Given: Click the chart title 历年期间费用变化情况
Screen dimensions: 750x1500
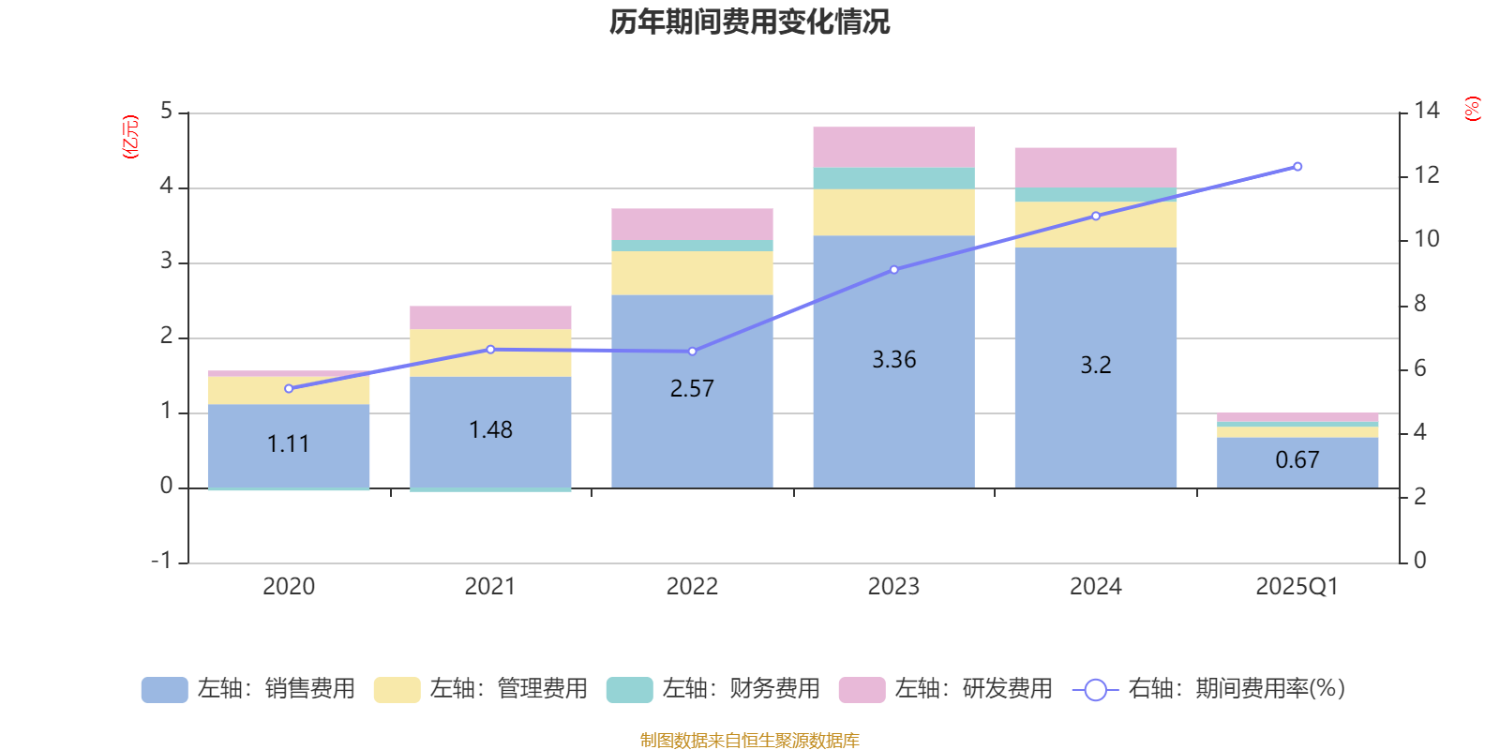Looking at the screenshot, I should (x=749, y=22).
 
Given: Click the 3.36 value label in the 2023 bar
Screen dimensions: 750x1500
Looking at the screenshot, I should (x=893, y=360).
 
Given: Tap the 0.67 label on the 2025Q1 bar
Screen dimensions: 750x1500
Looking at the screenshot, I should (x=1297, y=460).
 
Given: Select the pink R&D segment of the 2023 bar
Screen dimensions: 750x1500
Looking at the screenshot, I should (x=893, y=147).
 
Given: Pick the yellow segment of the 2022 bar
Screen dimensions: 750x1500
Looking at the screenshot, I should (x=692, y=273).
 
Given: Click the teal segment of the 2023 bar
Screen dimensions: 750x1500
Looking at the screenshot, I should (x=893, y=178).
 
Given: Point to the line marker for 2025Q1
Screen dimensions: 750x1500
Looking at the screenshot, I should (x=1297, y=167).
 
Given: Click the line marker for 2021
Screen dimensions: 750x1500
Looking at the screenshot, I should (x=490, y=350).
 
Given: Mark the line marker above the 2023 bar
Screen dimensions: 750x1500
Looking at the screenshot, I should (x=893, y=270).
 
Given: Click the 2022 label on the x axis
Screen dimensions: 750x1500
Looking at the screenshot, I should (x=692, y=587).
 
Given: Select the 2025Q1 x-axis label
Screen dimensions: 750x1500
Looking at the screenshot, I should (x=1297, y=587).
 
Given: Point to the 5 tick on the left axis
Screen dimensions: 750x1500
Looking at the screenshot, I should (x=167, y=112).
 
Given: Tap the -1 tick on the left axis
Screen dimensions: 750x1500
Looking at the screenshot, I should (x=162, y=561).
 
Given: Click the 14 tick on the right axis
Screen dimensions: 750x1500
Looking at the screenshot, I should (x=1426, y=112).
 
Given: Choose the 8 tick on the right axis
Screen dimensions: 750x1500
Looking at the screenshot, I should (x=1419, y=304).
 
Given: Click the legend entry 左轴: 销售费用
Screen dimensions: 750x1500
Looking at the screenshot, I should (x=248, y=689).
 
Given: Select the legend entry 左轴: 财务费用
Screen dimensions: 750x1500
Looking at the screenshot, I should (x=713, y=689).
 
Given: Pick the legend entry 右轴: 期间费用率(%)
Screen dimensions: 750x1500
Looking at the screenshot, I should (x=1208, y=689).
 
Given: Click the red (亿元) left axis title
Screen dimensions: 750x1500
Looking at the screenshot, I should (x=131, y=137).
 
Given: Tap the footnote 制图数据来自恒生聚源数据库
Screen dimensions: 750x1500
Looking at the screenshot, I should (x=749, y=741).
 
